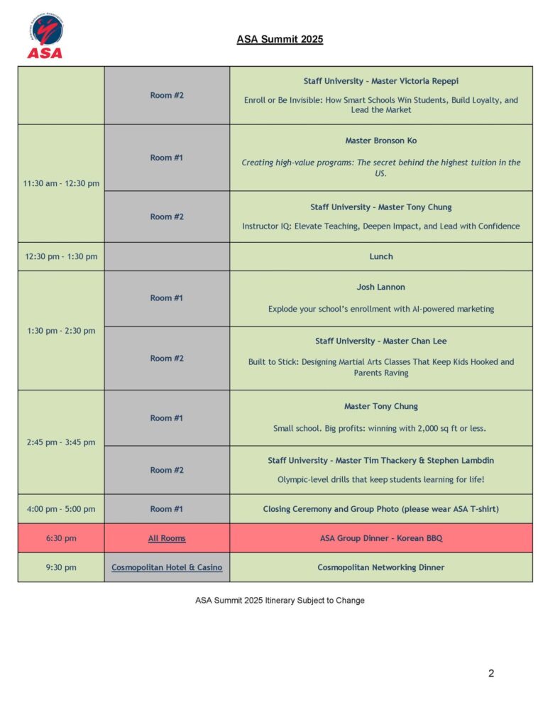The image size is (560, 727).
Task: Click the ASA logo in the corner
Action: pyautogui.click(x=45, y=36)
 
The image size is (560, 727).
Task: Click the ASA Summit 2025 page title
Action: pyautogui.click(x=280, y=40)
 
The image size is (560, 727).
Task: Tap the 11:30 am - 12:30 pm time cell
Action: pyautogui.click(x=61, y=183)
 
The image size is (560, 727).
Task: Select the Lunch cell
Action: pyautogui.click(x=380, y=256)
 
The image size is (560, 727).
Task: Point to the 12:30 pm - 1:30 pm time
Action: pyautogui.click(x=61, y=256)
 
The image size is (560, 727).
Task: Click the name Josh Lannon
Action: pyautogui.click(x=380, y=288)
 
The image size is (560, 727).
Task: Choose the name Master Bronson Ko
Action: pyautogui.click(x=380, y=141)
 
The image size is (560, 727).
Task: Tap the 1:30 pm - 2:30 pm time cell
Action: pyautogui.click(x=61, y=330)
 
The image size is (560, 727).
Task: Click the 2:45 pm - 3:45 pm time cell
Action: pyautogui.click(x=61, y=442)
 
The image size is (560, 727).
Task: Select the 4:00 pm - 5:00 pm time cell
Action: pyautogui.click(x=61, y=509)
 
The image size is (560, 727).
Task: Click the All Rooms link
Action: pyautogui.click(x=167, y=538)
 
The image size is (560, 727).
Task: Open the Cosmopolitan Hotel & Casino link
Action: pyautogui.click(x=167, y=567)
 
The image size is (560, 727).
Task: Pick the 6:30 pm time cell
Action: pyautogui.click(x=61, y=538)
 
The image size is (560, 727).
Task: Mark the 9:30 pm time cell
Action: pyautogui.click(x=61, y=567)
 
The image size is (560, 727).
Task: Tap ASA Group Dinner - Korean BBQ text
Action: pyautogui.click(x=380, y=538)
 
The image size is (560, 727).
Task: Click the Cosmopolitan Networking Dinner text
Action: pyautogui.click(x=380, y=567)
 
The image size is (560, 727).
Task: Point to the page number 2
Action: pyautogui.click(x=491, y=673)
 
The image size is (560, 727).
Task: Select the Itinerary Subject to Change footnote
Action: pyautogui.click(x=280, y=601)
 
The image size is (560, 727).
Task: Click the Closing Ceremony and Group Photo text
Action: pyautogui.click(x=380, y=509)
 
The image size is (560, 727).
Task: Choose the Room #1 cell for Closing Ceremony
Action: pyautogui.click(x=167, y=509)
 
